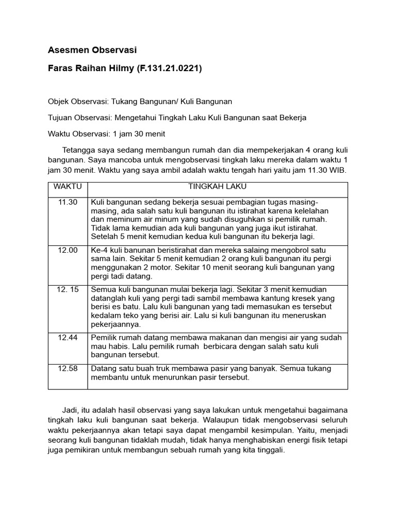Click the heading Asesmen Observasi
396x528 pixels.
tap(92, 50)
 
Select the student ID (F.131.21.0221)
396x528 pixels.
tap(169, 69)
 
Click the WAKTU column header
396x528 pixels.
tap(68, 187)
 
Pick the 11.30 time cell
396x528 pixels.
tap(68, 202)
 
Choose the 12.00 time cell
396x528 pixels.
tap(68, 250)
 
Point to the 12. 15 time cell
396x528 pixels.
tap(68, 290)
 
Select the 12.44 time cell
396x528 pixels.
tap(68, 337)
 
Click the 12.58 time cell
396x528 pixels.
tap(68, 369)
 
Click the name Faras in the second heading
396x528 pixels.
tap(60, 69)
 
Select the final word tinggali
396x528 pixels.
tap(269, 449)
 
